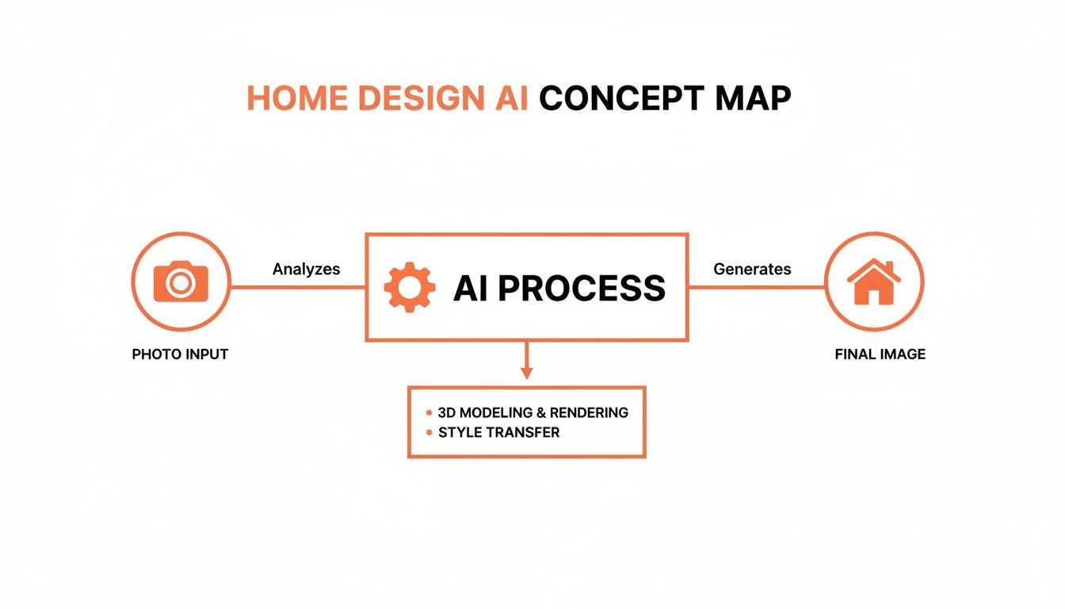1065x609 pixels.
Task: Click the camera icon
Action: (x=181, y=282)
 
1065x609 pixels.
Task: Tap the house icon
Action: (x=874, y=282)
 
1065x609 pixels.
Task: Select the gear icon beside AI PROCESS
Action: (x=409, y=287)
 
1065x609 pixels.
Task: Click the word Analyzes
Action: (x=306, y=269)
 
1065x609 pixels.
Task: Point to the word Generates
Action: (x=752, y=269)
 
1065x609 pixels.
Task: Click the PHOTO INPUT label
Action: (x=180, y=354)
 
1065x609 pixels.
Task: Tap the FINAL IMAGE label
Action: (x=880, y=354)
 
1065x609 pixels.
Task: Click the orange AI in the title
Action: (x=505, y=98)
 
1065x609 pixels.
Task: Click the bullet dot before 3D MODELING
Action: (x=429, y=413)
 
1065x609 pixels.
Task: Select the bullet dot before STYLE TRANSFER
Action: (x=429, y=433)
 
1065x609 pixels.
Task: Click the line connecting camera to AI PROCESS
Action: (x=297, y=287)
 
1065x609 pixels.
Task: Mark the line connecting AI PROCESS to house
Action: (x=757, y=287)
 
